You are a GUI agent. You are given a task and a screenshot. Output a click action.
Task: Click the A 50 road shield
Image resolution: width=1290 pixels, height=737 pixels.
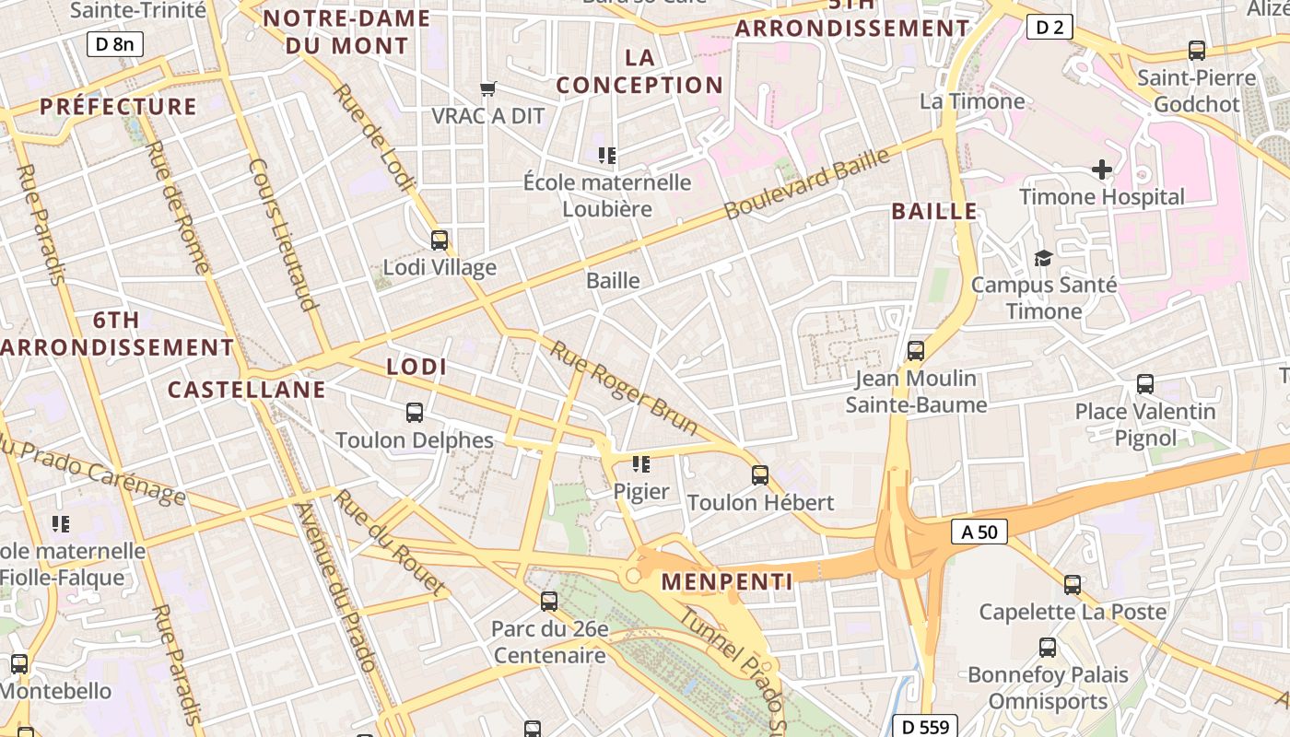(x=979, y=532)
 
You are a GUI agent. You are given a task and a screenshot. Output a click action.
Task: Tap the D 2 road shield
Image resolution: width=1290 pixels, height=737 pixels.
(x=1050, y=27)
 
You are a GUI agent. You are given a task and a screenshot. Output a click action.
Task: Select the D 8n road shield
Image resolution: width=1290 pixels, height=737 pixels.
(x=115, y=43)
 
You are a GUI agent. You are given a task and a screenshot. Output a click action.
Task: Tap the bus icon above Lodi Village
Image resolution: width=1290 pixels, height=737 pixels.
(x=440, y=240)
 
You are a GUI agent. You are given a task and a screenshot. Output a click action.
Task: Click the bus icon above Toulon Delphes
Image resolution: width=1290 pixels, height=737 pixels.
(x=415, y=413)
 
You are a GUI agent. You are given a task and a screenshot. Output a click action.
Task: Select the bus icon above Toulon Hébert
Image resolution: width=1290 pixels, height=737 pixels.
(x=760, y=475)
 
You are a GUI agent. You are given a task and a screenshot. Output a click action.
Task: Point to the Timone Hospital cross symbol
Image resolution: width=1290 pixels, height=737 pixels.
(x=1101, y=170)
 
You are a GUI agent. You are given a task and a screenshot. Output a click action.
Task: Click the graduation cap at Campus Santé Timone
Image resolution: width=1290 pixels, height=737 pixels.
(x=1043, y=259)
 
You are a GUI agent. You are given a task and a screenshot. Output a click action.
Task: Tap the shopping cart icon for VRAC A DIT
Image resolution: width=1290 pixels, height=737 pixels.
(x=488, y=89)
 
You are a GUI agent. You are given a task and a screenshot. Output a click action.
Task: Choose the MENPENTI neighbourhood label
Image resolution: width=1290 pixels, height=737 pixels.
(x=727, y=582)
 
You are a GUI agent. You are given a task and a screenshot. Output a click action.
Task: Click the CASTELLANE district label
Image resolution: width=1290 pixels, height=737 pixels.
(x=247, y=390)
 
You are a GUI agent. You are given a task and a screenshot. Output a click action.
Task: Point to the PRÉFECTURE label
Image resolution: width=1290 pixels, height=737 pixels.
(x=119, y=107)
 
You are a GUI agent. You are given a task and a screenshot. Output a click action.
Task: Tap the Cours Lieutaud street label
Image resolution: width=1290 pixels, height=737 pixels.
(x=283, y=234)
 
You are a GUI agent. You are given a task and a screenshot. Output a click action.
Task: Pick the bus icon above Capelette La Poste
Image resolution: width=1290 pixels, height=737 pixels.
(x=1072, y=584)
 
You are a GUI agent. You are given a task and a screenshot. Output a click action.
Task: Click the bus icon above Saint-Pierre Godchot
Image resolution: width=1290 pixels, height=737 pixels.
(x=1196, y=51)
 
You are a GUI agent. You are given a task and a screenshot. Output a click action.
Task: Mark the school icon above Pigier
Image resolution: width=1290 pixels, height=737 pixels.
(x=640, y=464)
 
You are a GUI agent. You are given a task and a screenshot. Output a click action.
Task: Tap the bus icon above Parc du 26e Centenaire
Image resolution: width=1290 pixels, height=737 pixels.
(x=549, y=602)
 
